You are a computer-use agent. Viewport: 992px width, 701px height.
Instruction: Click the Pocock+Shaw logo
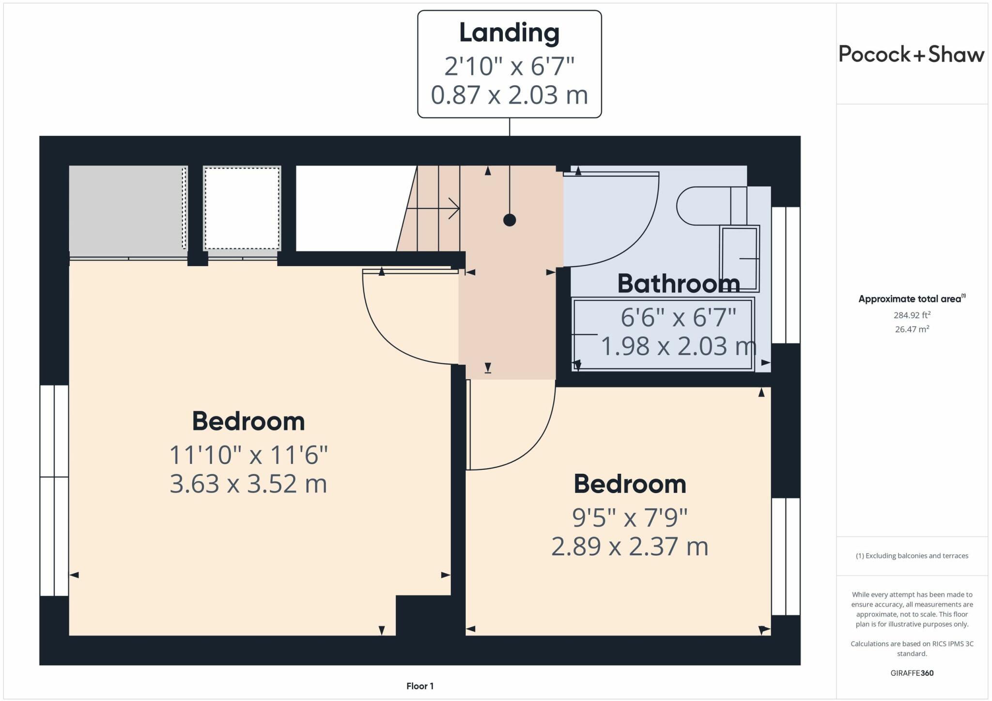coord(911,54)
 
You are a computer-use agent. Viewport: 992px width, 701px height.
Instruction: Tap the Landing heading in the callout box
coord(509,33)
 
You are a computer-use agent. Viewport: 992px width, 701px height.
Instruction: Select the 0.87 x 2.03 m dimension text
coord(509,95)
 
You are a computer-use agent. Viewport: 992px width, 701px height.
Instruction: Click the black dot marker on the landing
coord(509,220)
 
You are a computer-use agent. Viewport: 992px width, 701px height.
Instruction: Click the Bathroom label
coord(678,284)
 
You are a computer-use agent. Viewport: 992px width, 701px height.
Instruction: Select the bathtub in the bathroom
coord(663,335)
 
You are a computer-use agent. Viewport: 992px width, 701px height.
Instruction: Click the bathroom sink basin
coord(740,259)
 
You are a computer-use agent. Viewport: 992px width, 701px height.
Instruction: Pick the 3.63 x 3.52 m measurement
coord(248,484)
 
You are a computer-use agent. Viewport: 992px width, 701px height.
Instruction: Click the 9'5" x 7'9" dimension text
coord(630,518)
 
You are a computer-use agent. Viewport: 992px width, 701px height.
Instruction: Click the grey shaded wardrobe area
coord(126,208)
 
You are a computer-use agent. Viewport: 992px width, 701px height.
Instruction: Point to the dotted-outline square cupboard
coord(242,208)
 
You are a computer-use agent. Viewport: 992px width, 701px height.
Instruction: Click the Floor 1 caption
coord(419,686)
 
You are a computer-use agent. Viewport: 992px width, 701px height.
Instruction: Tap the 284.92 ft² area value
coord(912,315)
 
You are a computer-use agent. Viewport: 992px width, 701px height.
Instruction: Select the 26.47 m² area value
coord(912,329)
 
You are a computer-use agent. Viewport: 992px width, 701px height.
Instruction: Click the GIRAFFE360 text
coord(912,673)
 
